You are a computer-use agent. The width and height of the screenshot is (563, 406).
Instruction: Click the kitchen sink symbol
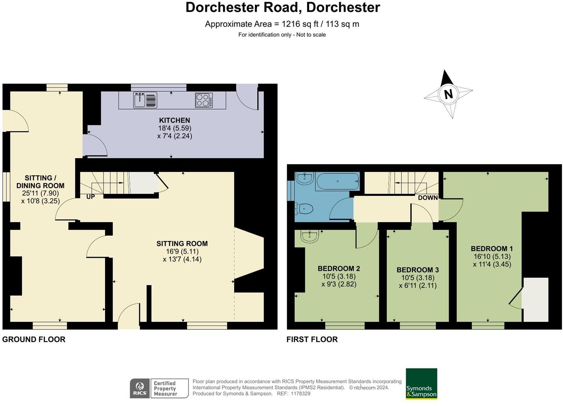tap(145, 99)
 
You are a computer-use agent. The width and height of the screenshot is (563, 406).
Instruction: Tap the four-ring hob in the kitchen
tap(204, 100)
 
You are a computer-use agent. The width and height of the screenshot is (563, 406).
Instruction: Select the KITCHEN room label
tap(174, 120)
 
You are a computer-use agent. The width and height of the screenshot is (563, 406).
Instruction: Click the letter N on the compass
tap(448, 94)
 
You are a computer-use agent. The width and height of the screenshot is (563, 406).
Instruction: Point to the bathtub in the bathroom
tap(337, 181)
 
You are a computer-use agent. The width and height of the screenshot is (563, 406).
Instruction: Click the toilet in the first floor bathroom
tap(305, 209)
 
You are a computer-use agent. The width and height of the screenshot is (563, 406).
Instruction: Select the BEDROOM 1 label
tap(492, 249)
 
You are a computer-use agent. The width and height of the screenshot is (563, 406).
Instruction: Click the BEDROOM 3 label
tap(417, 270)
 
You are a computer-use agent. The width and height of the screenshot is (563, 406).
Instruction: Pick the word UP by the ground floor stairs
tap(90, 197)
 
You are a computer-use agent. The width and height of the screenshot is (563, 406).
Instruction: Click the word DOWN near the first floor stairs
tap(428, 198)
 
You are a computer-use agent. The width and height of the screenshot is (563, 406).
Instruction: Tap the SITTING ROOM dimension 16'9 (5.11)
tap(182, 252)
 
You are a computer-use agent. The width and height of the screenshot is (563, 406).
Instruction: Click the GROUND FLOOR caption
tap(34, 339)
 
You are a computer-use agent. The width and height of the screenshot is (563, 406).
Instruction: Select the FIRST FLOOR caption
tap(312, 339)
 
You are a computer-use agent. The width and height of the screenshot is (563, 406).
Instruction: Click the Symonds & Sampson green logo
tap(421, 384)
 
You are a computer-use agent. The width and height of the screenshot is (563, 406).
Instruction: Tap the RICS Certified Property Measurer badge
tap(159, 388)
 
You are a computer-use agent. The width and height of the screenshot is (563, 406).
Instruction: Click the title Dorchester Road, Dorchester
tap(282, 7)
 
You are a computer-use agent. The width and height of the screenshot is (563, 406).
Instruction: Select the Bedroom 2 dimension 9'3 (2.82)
tap(338, 284)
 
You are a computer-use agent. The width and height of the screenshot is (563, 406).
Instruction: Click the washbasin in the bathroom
tap(305, 177)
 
